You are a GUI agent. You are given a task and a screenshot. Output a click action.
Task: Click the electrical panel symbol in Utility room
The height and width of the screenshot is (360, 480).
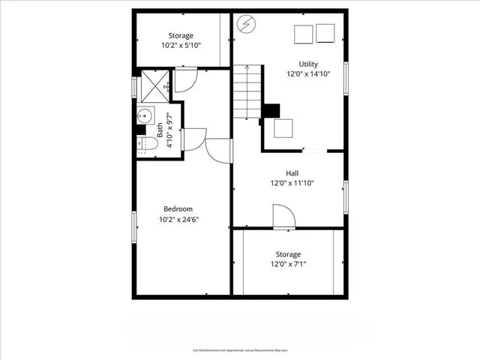point(246,25)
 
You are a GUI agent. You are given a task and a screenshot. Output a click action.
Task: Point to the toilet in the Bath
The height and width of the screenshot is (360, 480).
point(147,143)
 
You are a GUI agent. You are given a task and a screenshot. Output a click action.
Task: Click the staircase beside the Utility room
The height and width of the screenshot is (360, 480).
point(246,91)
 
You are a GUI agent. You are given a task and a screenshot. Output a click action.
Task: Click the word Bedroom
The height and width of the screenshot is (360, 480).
point(178,208)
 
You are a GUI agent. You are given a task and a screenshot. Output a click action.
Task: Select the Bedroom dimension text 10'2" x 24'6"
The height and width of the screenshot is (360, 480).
point(178,220)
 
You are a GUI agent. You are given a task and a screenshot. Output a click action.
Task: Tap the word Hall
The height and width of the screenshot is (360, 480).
point(292,172)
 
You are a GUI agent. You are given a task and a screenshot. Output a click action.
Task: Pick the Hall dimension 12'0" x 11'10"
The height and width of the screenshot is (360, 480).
point(292,183)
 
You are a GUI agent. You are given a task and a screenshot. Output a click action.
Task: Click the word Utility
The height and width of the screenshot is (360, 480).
point(308,64)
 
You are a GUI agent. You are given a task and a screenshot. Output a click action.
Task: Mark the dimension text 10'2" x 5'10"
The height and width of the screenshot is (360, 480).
point(181,45)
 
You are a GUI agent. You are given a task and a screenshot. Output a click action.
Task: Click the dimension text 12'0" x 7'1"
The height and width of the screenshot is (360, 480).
point(288,264)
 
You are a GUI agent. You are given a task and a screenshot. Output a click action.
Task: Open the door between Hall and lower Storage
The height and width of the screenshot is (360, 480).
point(283,219)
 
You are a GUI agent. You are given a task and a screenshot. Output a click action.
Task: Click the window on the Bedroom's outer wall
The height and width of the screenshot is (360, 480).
point(135,226)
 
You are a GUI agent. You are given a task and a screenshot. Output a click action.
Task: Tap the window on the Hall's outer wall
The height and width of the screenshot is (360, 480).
point(346,196)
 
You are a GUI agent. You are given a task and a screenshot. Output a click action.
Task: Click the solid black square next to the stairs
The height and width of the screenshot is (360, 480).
point(269,111)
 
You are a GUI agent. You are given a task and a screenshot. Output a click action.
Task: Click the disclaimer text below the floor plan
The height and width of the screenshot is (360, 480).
point(239,349)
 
